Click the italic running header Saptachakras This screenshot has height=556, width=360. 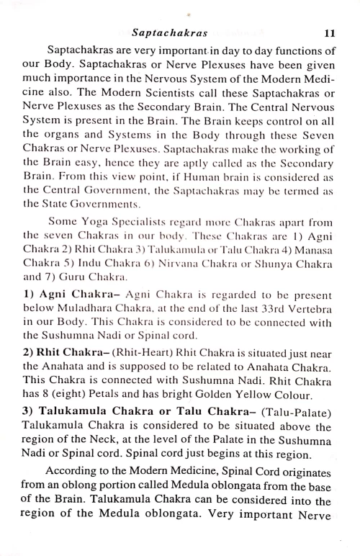(169, 33)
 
